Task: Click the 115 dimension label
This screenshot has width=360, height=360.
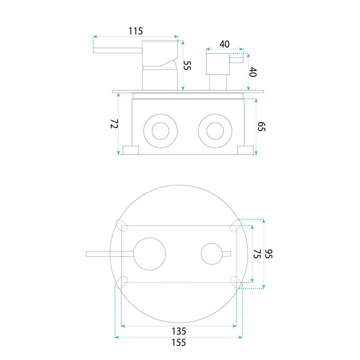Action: [x=135, y=31]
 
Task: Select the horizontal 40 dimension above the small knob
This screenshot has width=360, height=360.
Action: [x=224, y=44]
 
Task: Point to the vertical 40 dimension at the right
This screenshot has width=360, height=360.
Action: [x=253, y=72]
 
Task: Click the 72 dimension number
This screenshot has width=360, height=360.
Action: [x=113, y=124]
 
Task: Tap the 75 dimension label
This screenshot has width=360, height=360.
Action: [x=257, y=254]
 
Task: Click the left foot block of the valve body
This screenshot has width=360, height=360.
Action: [x=130, y=150]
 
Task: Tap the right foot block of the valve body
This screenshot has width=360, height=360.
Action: [x=245, y=150]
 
